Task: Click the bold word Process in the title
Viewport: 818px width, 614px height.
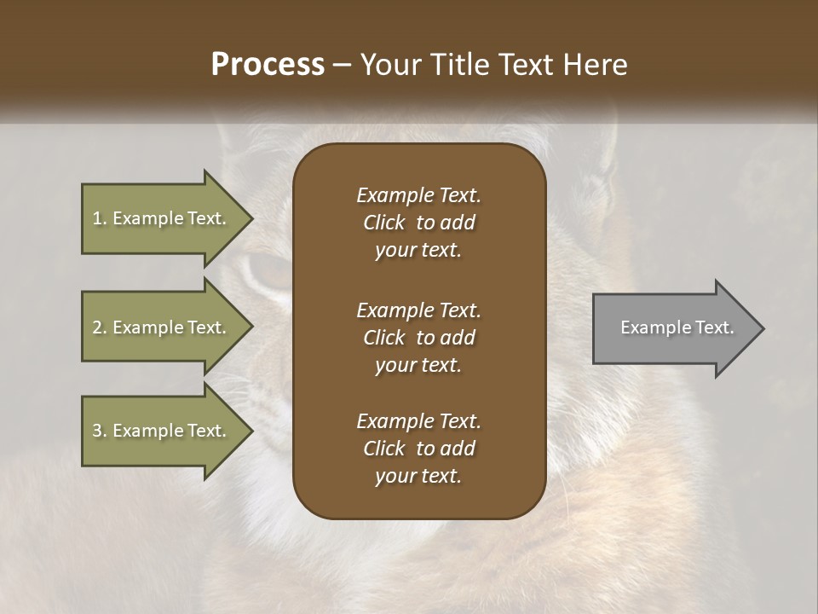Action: click(268, 65)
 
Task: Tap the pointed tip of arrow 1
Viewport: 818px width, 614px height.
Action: click(250, 219)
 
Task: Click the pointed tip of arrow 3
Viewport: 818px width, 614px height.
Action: click(250, 431)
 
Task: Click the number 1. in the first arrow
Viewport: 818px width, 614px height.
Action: click(99, 219)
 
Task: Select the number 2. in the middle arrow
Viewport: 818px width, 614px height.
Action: click(99, 327)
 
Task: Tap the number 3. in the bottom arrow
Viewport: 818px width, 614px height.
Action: click(99, 431)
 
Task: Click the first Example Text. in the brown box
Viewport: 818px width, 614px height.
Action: click(418, 195)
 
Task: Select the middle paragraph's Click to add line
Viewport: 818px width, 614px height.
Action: click(418, 338)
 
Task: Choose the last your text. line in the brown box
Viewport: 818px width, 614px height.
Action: click(418, 477)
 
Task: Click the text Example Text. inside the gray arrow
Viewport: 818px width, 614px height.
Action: click(677, 327)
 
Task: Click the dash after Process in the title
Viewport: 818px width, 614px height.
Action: click(343, 66)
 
